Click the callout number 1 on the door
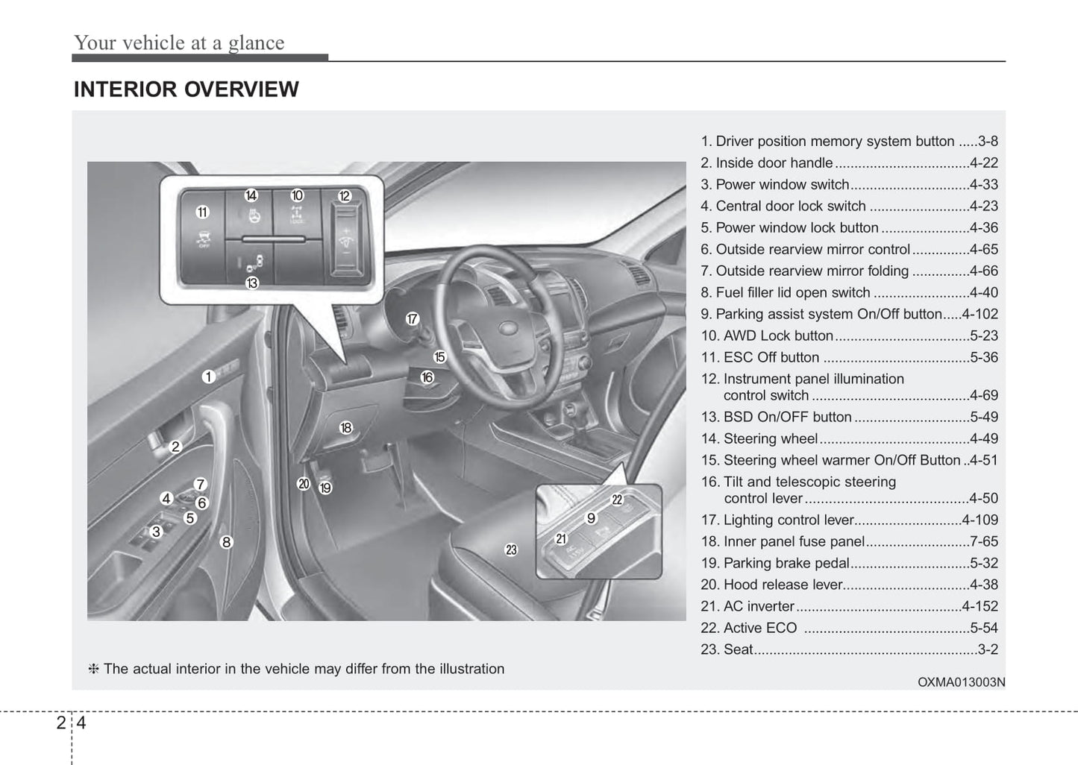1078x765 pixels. (208, 377)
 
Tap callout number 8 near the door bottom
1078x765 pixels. (227, 542)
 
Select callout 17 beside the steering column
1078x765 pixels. (413, 319)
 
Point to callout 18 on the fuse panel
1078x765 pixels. (345, 427)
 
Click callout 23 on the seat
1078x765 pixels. (511, 550)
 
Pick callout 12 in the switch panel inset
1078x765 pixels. (344, 196)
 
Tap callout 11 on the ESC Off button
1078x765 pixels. (202, 212)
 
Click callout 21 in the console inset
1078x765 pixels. (561, 538)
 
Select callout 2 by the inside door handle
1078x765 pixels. (175, 447)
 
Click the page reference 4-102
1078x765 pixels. (980, 314)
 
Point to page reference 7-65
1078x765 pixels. (983, 541)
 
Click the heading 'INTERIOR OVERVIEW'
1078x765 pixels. (186, 89)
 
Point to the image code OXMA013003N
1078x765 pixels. (961, 681)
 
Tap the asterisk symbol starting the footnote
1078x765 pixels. (94, 669)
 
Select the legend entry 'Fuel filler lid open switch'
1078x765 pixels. (793, 292)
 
